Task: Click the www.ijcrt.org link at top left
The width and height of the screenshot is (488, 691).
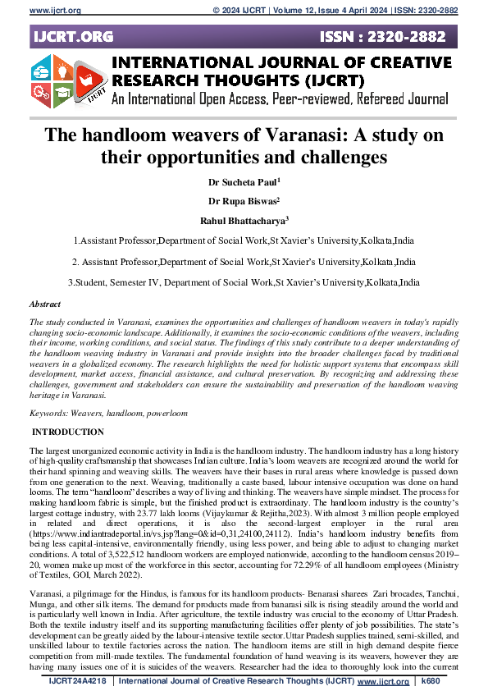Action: pos(32,11)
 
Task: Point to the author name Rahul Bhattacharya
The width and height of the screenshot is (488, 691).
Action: pos(243,219)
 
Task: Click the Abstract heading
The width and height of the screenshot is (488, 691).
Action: pos(46,304)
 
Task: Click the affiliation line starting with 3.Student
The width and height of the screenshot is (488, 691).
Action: pos(243,282)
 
